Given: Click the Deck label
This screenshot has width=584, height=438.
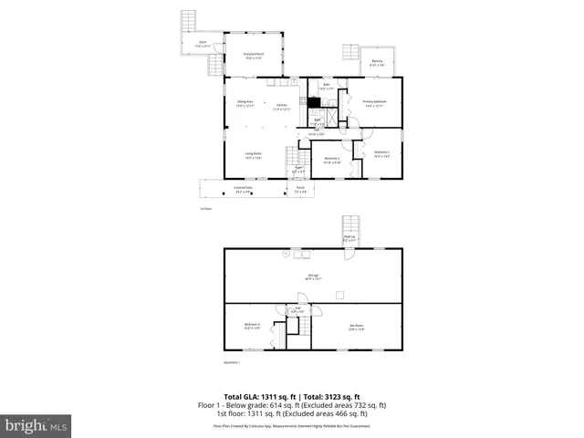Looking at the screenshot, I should (203, 43).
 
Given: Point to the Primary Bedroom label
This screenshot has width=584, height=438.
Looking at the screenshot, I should (375, 102).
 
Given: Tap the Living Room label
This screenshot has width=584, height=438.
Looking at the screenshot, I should (253, 154).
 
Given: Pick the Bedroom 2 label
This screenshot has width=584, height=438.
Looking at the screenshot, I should (381, 153).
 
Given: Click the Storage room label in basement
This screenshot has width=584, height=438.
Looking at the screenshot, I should (312, 276).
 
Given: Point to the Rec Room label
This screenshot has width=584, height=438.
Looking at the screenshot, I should (357, 326).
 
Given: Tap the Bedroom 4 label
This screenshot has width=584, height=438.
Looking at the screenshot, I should (253, 326).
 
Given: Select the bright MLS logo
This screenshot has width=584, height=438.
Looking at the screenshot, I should (36, 424).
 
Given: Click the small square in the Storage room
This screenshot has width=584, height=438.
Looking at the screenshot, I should (339, 294).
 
